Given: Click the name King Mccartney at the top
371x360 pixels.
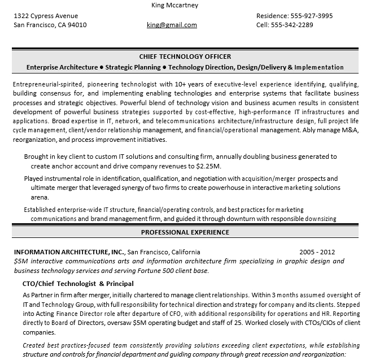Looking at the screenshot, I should coord(175,5).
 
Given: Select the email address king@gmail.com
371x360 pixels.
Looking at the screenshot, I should coord(172,25).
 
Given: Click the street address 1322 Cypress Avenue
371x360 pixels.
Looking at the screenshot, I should coord(46,16).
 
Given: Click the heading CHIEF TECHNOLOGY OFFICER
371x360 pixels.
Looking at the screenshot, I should coord(185,57).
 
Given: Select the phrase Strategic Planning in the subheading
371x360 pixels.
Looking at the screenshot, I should coord(131,67).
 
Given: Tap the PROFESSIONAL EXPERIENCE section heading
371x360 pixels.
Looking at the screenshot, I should coord(185,232).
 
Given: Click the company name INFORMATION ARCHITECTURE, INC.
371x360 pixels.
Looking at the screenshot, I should coord(68,251).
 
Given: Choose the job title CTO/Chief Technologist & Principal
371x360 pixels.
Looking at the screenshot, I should coord(77,283).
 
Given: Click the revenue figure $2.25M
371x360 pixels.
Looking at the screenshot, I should coord(208,167).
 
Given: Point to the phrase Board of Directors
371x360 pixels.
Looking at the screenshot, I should coord(82,323).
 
